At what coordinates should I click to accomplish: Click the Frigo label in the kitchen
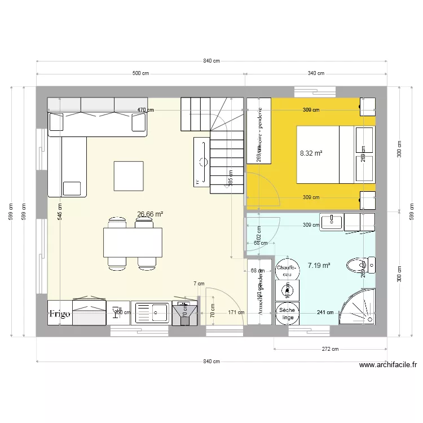coord(59,314)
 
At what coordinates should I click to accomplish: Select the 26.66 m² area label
coord(150,214)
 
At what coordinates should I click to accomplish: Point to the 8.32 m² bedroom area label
coord(311,153)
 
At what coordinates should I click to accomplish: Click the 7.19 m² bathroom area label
coord(319,265)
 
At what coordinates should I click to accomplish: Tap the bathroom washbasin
coord(331,222)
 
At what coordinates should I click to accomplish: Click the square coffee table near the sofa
coord(129,176)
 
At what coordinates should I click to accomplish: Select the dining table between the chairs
coord(133,242)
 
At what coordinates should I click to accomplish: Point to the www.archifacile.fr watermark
coord(387,365)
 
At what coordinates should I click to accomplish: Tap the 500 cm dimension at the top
coord(140,73)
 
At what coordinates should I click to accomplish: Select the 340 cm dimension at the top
coord(316,73)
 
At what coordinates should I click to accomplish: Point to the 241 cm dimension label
coord(325,312)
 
